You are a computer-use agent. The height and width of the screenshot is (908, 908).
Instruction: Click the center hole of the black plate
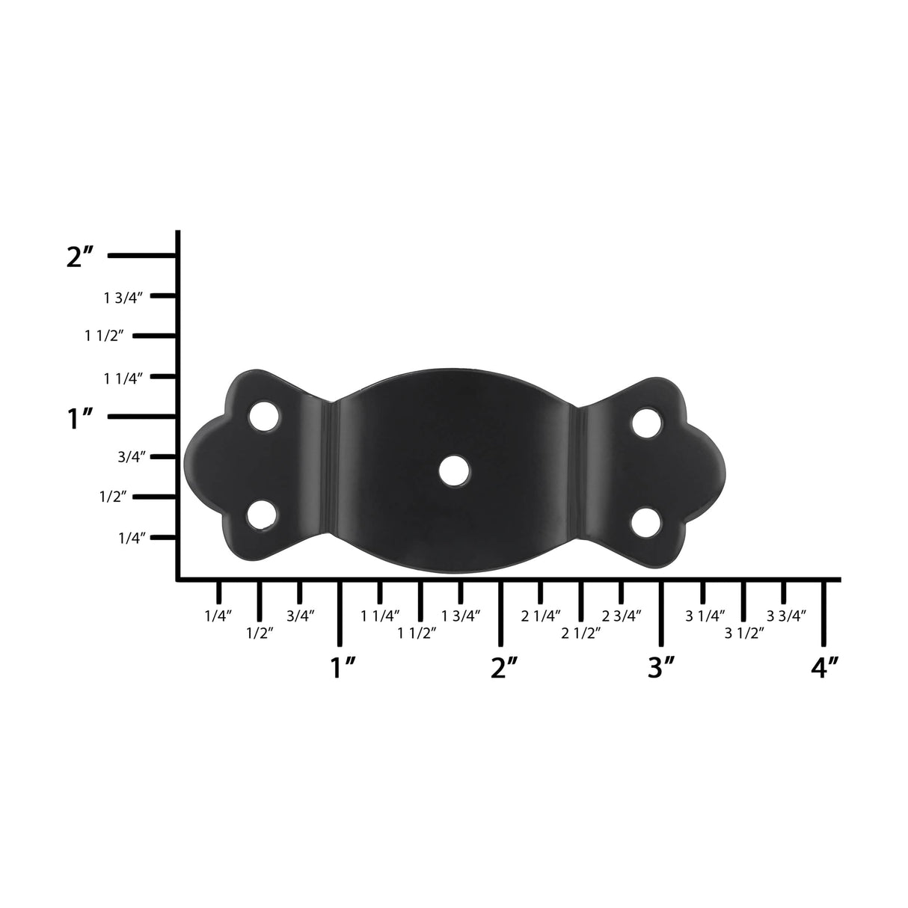point(453,470)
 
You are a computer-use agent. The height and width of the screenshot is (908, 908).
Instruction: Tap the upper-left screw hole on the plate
point(263,416)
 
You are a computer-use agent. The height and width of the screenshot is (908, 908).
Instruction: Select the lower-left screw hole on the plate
point(262,515)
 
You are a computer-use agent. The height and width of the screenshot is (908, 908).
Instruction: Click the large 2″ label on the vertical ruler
point(80,257)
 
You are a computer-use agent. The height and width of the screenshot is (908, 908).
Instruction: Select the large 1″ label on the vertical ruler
point(80,417)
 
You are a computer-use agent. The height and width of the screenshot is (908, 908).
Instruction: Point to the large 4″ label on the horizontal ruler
point(824,667)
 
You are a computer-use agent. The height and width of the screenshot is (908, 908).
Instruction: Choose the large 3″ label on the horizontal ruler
point(661,667)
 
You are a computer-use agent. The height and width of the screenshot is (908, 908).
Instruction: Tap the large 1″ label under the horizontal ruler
point(343,667)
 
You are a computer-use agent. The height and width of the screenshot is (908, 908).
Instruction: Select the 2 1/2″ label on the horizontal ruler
point(581,633)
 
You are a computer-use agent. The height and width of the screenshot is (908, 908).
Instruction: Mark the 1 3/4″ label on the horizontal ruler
point(461,616)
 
